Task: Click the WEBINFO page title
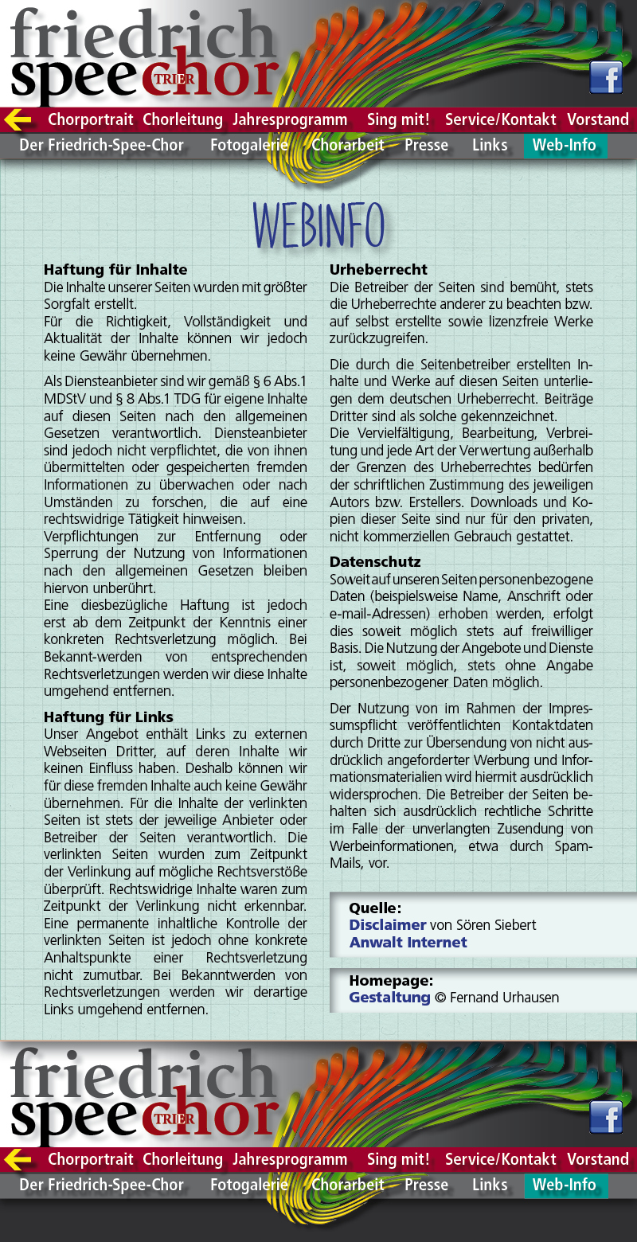pyautogui.click(x=318, y=225)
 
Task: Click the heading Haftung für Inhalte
pyautogui.click(x=115, y=269)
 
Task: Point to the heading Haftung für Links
pyautogui.click(x=108, y=717)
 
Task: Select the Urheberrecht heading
pyautogui.click(x=378, y=269)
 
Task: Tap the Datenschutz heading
pyautogui.click(x=375, y=561)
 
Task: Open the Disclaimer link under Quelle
pyautogui.click(x=387, y=924)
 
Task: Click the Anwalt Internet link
pyautogui.click(x=408, y=942)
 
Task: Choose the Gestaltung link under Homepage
pyautogui.click(x=389, y=997)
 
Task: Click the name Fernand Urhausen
pyautogui.click(x=504, y=997)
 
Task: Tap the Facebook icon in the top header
pyautogui.click(x=606, y=77)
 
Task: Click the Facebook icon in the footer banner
pyautogui.click(x=606, y=1117)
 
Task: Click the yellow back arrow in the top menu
pyautogui.click(x=18, y=119)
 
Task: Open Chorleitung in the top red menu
pyautogui.click(x=182, y=119)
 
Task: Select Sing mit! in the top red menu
pyautogui.click(x=398, y=119)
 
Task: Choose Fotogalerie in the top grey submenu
pyautogui.click(x=248, y=145)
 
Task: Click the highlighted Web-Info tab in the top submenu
pyautogui.click(x=564, y=145)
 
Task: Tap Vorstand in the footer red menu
pyautogui.click(x=598, y=1159)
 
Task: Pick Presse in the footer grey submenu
pyautogui.click(x=426, y=1185)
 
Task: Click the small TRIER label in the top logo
pyautogui.click(x=174, y=80)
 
